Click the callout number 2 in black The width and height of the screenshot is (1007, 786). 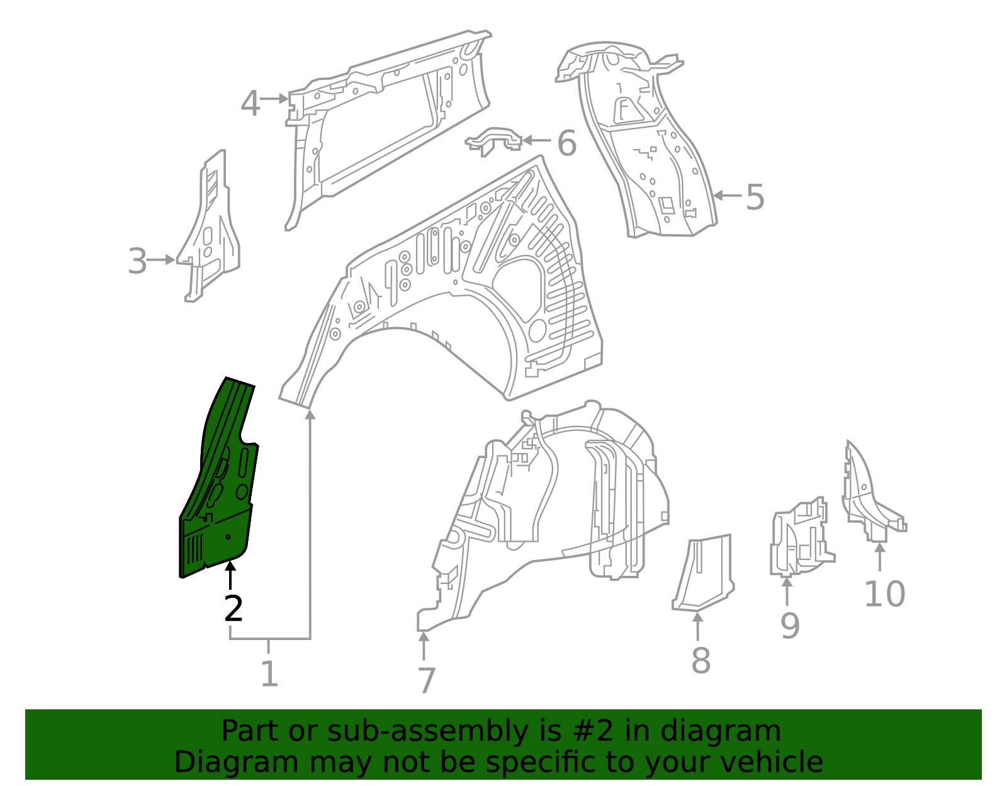(233, 609)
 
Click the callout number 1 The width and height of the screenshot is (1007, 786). (269, 674)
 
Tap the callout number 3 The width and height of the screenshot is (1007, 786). (137, 261)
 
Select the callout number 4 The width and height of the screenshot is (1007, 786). (250, 104)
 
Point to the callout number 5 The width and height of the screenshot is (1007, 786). (755, 197)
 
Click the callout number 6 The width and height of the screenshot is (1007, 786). (566, 143)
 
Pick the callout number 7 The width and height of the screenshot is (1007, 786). (426, 681)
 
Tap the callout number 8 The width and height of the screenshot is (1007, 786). (700, 661)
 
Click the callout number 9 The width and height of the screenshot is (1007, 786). (790, 626)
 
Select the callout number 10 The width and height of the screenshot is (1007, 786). (884, 594)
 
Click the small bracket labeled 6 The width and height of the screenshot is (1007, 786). (495, 140)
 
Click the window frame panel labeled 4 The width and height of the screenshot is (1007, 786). (384, 126)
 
